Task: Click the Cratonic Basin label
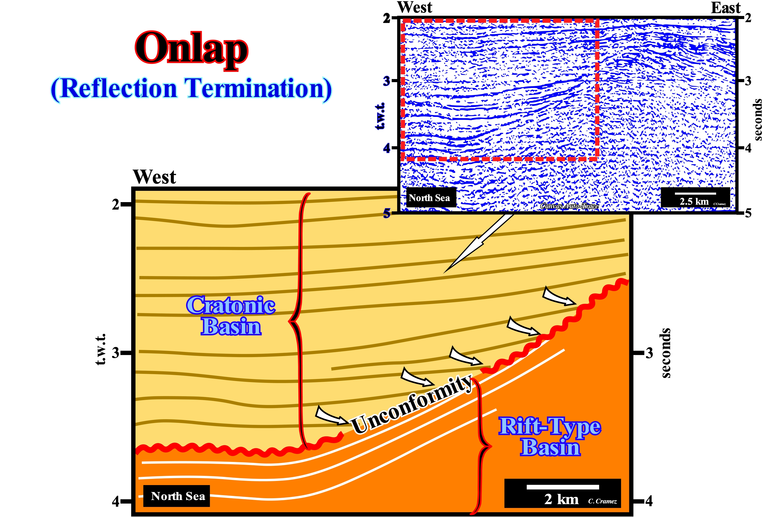pos(231,315)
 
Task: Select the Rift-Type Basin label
pos(550,436)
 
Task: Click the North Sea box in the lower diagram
pos(177,496)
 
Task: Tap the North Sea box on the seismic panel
pos(429,197)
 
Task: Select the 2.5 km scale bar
pos(695,194)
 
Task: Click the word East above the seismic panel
pos(726,7)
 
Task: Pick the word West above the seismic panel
pos(415,7)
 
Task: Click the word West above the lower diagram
pos(154,177)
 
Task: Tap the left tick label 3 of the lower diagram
pos(115,353)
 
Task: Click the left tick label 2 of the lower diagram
pos(115,204)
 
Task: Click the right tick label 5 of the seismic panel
pos(748,213)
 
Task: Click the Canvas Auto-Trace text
pos(570,206)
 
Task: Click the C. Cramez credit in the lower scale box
pos(602,501)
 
